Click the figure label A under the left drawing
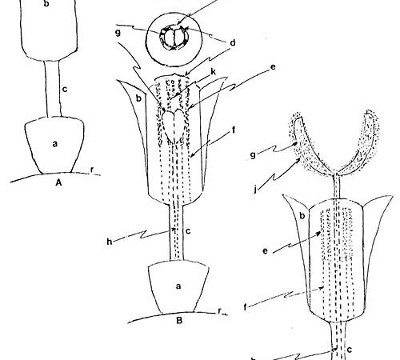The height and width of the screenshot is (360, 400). (59, 182)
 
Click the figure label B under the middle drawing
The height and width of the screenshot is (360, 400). (179, 320)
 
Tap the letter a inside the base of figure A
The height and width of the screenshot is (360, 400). (55, 144)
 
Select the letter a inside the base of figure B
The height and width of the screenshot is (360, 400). (178, 286)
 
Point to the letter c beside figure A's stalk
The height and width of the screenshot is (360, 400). (65, 90)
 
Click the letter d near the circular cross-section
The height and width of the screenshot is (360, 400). (233, 42)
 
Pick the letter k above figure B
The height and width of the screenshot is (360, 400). (214, 71)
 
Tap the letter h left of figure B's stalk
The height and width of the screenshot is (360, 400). (110, 242)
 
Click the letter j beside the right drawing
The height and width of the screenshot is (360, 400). (255, 190)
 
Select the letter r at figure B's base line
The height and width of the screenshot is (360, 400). (219, 311)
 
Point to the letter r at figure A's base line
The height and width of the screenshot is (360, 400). (92, 170)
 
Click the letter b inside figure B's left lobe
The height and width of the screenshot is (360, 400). (138, 98)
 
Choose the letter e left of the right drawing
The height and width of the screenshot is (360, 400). (265, 251)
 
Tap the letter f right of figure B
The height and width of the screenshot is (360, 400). (234, 130)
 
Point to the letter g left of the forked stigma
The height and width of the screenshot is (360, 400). (253, 155)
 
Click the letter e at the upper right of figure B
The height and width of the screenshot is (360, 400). (273, 67)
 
